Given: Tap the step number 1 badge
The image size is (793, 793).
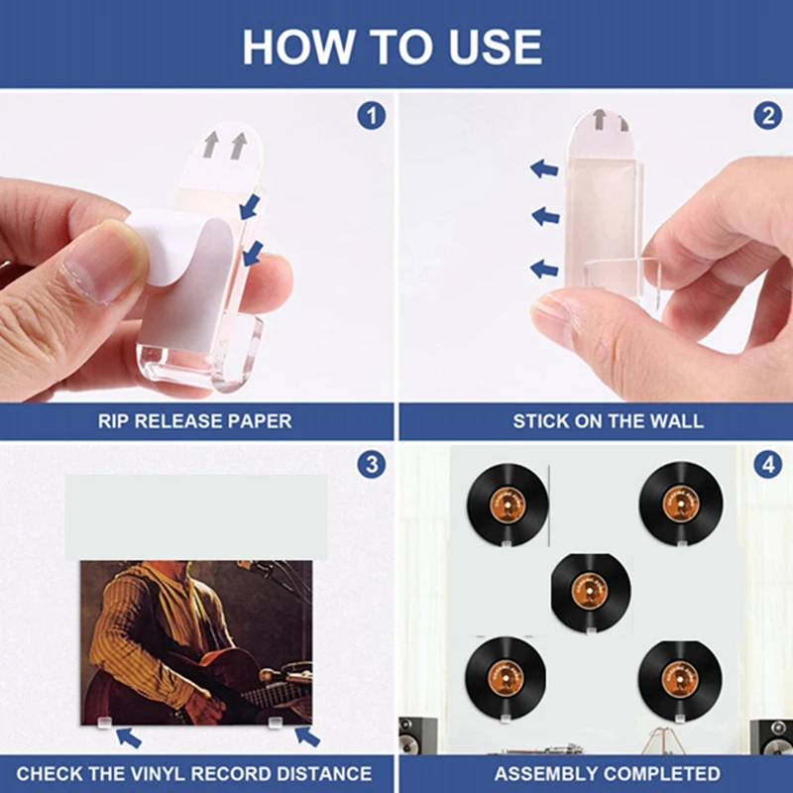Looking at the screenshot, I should pos(371,116).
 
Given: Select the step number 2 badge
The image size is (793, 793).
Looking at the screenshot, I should pos(767,116).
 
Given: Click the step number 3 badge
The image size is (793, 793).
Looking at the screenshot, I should pos(371,465).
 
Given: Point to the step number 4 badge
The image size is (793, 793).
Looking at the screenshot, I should pos(767,465).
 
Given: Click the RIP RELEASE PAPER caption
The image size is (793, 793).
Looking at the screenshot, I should pos(194,421).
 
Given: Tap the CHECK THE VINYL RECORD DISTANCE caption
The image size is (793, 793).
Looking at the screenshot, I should pos(194,773).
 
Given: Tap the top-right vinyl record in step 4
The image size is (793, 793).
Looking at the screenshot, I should pos(678,504).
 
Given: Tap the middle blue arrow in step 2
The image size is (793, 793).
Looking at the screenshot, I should pos(544,215).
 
